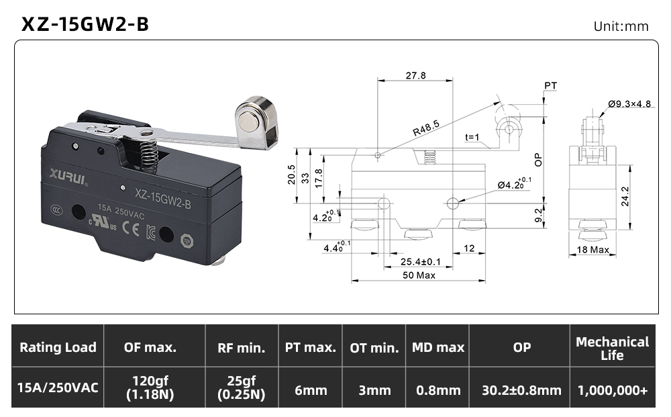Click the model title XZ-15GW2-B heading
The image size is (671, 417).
[85, 24]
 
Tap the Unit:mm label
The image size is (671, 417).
[621, 27]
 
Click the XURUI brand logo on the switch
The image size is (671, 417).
[68, 175]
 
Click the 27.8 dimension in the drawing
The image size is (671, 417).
[415, 75]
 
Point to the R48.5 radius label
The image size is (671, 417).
[426, 128]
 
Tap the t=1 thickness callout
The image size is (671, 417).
[472, 137]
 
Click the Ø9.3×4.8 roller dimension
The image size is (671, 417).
[629, 103]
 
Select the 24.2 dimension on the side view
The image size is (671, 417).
[625, 196]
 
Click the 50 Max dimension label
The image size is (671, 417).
[419, 275]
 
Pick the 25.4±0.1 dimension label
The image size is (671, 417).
[420, 262]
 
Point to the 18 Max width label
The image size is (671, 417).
[592, 250]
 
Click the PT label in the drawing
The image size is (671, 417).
[550, 86]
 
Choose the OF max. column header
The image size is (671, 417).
[150, 347]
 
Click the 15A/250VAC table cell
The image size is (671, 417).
[58, 388]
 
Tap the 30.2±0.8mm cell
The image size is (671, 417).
[521, 390]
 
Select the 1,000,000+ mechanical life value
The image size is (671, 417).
[613, 390]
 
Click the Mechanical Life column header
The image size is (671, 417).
[613, 349]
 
